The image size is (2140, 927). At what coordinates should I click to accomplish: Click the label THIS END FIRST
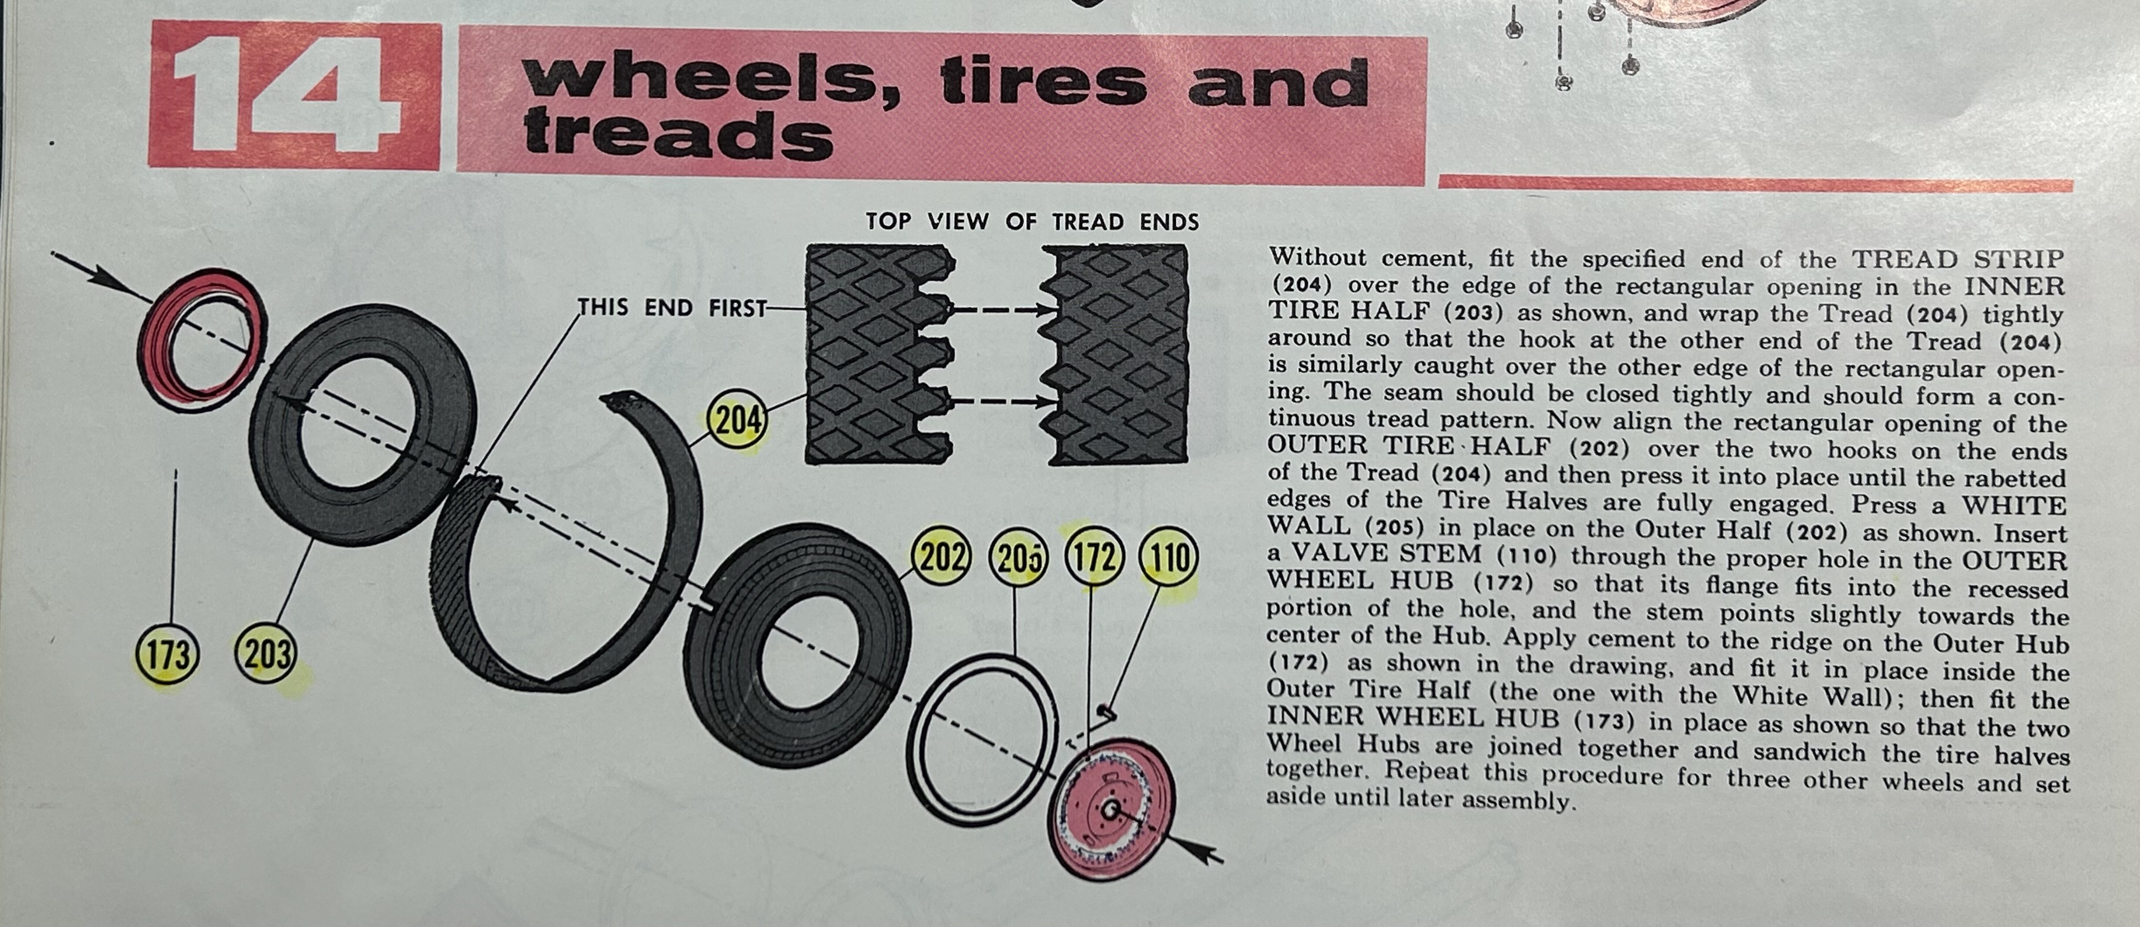(x=672, y=308)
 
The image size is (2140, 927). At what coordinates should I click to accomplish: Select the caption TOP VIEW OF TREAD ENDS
(x=1033, y=222)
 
